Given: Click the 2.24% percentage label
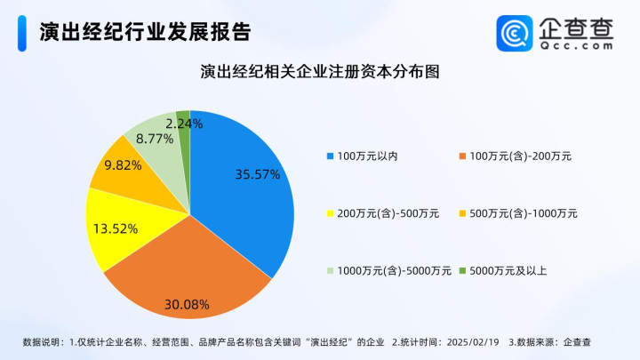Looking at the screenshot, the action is (x=184, y=124).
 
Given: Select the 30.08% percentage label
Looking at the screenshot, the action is (x=187, y=305).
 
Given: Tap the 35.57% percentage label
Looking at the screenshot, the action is (x=258, y=175).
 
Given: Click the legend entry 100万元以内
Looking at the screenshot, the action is (x=363, y=156).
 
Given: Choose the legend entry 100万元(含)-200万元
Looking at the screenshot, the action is (x=515, y=156).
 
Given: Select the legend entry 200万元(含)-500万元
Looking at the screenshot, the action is (x=383, y=213).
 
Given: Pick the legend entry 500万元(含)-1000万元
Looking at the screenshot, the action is (x=518, y=213).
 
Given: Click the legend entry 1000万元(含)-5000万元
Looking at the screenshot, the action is (x=389, y=270).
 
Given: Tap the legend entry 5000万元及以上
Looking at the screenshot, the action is (x=503, y=270).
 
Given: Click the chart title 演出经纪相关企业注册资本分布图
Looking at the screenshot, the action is (x=320, y=71).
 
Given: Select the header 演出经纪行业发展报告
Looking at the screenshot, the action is (x=145, y=32).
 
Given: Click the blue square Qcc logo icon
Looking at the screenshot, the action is (x=515, y=33).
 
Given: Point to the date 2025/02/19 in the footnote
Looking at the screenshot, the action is (x=473, y=342).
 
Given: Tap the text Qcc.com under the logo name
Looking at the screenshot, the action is (x=576, y=45).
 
